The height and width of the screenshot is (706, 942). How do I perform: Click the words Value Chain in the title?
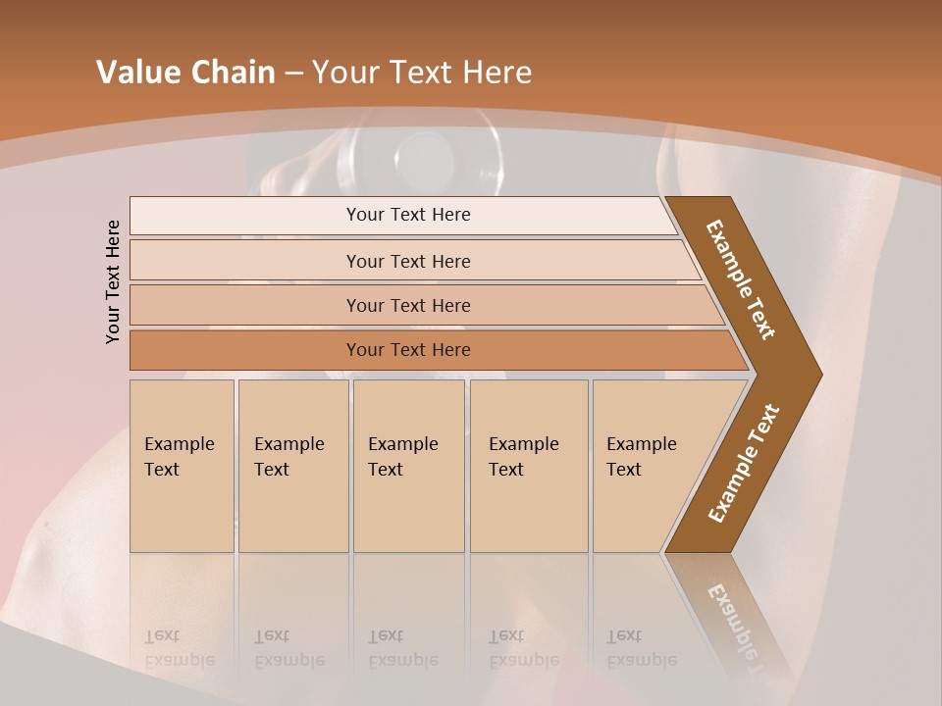[185, 73]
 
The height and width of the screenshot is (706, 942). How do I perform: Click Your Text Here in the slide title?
[421, 73]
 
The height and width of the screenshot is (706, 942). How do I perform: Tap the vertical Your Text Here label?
[113, 281]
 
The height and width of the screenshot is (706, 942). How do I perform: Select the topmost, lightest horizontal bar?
[402, 215]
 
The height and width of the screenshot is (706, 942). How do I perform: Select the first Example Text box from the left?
[182, 466]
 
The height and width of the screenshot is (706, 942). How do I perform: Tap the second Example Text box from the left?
[292, 466]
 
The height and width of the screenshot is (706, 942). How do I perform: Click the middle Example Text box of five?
[408, 466]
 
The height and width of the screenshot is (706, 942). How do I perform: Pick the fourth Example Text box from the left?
[528, 466]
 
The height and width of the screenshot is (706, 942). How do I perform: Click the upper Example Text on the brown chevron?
[741, 279]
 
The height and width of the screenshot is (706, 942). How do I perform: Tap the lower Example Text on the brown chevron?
[743, 464]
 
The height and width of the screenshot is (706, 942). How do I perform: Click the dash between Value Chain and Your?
[293, 73]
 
